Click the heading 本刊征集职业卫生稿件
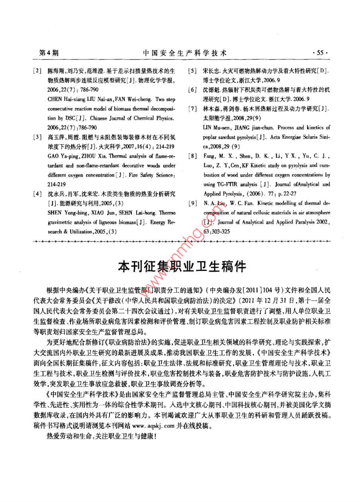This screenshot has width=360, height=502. click(183, 266)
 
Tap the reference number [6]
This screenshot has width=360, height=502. click(192, 90)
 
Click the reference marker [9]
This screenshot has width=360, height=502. click(192, 204)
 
